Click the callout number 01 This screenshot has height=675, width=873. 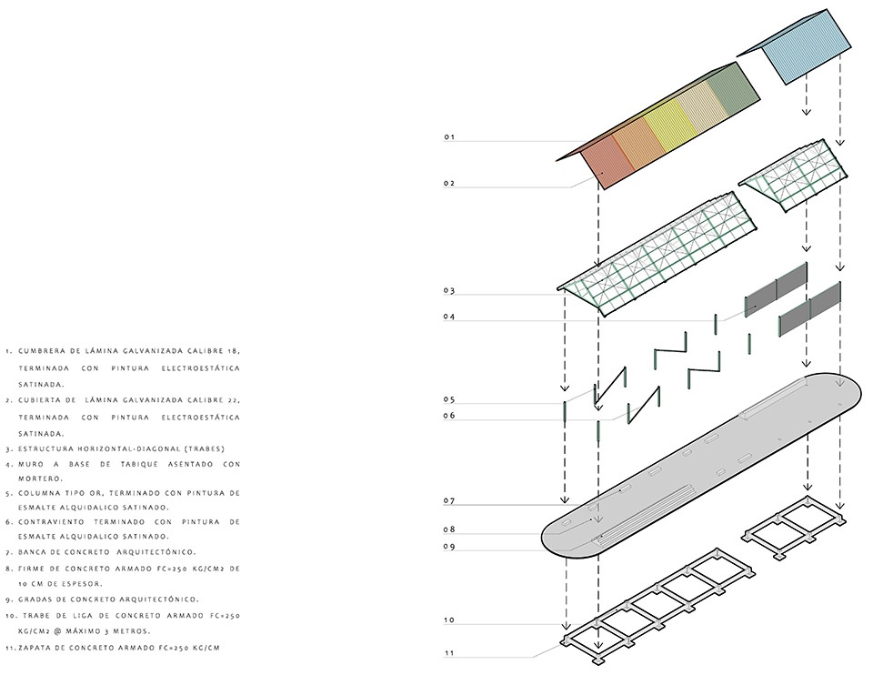click(x=449, y=137)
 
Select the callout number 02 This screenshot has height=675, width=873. click(x=449, y=184)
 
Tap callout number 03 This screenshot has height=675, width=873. click(x=449, y=291)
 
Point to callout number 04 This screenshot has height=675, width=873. click(x=449, y=317)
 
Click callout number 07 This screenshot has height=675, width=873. click(x=449, y=501)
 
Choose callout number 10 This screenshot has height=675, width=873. click(x=449, y=620)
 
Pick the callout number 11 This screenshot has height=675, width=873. click(x=449, y=652)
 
